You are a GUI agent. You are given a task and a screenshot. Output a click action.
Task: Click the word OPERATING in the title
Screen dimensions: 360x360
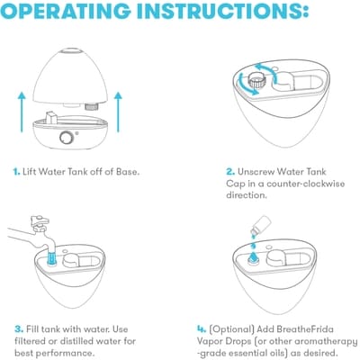pos(65,11)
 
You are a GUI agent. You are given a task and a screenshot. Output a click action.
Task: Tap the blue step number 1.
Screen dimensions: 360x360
pos(16,172)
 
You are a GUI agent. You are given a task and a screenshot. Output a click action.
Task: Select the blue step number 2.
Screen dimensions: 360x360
pos(230,172)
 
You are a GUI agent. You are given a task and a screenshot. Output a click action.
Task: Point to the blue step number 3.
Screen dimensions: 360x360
pos(19,329)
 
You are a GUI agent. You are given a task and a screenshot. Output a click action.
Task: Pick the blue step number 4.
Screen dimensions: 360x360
pos(202,329)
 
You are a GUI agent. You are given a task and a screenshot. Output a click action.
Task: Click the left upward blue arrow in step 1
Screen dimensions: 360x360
pos(22,112)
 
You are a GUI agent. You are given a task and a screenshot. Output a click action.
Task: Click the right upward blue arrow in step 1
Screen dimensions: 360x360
pos(118,112)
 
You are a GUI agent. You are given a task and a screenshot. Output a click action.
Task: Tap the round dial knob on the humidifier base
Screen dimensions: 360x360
pos(66,138)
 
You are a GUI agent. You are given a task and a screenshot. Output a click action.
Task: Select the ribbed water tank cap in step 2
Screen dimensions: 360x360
pos(256,81)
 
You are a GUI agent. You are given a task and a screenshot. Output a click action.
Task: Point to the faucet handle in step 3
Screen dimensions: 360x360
pos(39,220)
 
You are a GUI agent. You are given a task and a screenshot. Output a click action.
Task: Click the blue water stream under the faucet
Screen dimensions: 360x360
pos(52,258)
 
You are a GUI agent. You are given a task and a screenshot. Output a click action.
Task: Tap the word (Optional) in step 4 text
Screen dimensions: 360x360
pos(231,329)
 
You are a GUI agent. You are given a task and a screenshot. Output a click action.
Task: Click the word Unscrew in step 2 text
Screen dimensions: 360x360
pos(256,172)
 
